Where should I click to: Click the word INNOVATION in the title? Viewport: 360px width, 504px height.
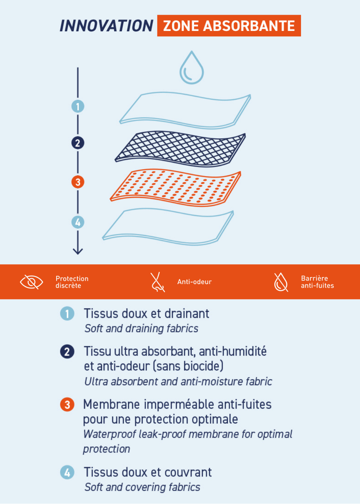[x=107, y=26]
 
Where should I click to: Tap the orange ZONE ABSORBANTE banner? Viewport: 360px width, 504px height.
[x=229, y=26]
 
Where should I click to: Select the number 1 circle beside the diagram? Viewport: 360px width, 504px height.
[x=78, y=107]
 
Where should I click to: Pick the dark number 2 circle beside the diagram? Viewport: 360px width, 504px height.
[x=78, y=143]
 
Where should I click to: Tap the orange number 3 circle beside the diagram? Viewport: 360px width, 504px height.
[x=78, y=182]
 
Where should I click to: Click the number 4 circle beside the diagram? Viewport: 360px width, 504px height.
[x=78, y=222]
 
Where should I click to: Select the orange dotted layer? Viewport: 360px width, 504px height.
[x=176, y=188]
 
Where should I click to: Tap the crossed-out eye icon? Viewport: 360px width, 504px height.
[x=32, y=282]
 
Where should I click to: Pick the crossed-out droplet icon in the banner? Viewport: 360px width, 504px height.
[x=281, y=282]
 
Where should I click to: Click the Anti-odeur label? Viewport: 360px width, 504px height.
[x=194, y=282]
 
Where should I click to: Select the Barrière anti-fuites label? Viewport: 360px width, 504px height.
[x=318, y=282]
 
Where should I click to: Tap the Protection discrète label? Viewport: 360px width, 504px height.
[x=72, y=282]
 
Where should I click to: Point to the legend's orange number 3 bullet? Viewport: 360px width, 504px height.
[x=67, y=405]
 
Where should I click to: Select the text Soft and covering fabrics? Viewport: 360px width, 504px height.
[x=143, y=487]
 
